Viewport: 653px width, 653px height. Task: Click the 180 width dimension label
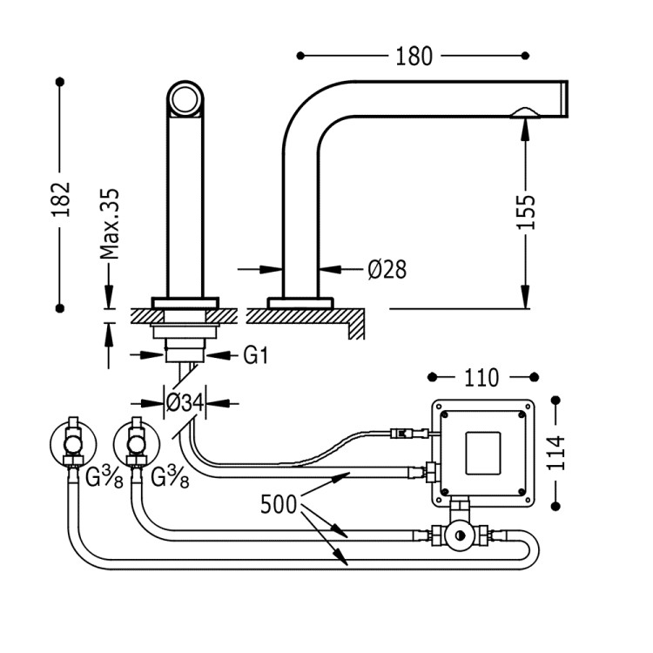click(414, 56)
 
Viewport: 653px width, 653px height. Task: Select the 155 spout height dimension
click(526, 211)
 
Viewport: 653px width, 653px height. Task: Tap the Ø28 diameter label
click(387, 270)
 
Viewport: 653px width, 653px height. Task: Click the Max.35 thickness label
click(109, 225)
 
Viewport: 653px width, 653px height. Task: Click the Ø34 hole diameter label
click(184, 402)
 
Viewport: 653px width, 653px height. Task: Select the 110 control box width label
click(481, 378)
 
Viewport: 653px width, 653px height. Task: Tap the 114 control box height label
click(557, 452)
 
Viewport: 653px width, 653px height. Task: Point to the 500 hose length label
click(281, 504)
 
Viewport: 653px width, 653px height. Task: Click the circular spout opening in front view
click(185, 99)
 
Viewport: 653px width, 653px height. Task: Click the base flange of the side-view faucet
click(300, 302)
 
